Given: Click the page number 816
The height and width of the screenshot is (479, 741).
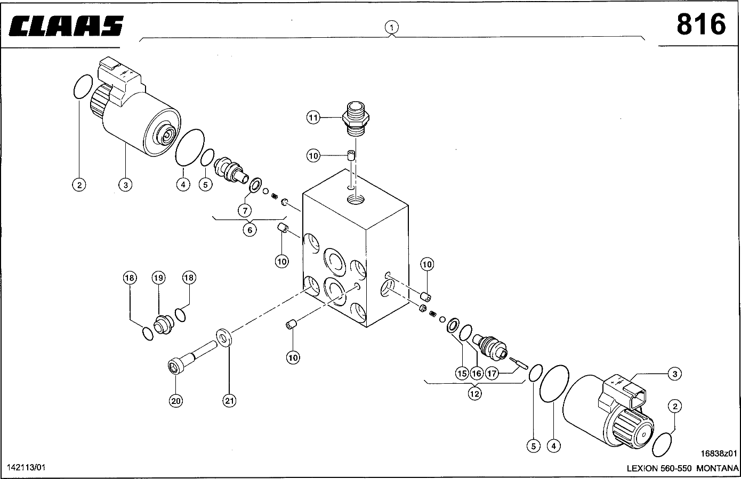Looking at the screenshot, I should (700, 24).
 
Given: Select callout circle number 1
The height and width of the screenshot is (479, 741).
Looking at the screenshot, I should (392, 27).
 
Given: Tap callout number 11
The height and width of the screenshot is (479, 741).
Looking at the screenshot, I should (313, 117).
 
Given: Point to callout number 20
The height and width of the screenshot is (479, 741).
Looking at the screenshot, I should (176, 401).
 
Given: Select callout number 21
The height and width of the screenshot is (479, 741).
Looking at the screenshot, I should (229, 401).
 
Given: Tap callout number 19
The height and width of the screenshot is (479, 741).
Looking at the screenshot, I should (158, 277).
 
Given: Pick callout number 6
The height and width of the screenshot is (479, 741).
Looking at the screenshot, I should (249, 229).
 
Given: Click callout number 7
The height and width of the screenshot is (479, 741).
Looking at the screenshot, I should (245, 210).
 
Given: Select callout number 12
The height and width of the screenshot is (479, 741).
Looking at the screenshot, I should (474, 393).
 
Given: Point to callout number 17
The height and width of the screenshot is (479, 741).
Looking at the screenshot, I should (492, 373).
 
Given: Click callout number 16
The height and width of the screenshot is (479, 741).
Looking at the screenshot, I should (477, 373).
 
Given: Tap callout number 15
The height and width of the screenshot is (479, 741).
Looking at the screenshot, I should (462, 373).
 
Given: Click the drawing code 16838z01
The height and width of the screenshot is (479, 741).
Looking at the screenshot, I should (719, 454).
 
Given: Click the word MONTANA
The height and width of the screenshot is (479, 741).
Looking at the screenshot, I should (717, 468).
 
